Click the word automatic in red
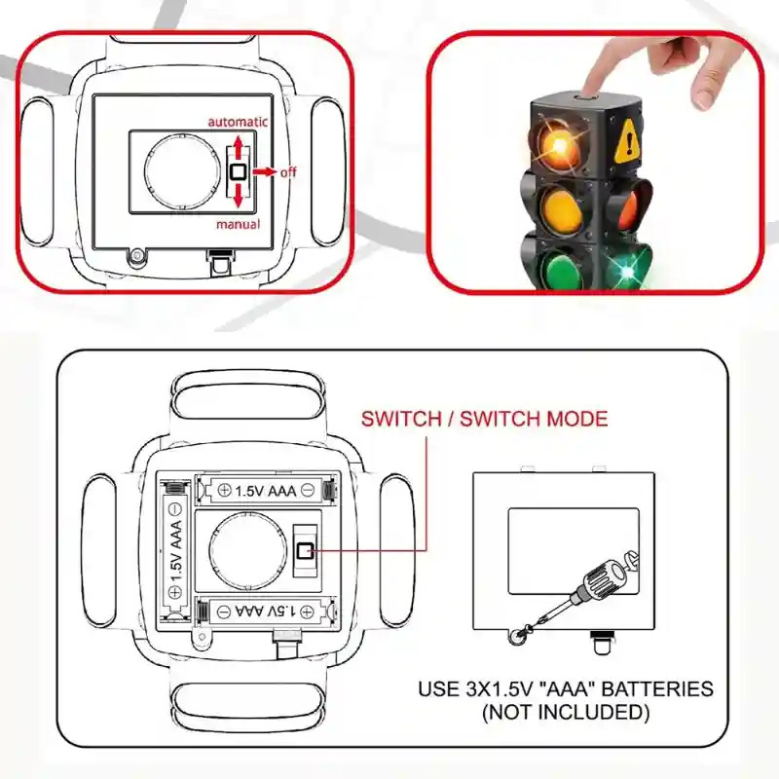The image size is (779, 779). [x=238, y=123]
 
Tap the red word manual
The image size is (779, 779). [x=238, y=224]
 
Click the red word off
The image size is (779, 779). [x=288, y=172]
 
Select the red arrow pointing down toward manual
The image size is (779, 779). [x=238, y=196]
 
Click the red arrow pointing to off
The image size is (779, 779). [x=264, y=172]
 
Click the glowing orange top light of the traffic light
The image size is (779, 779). [x=559, y=144]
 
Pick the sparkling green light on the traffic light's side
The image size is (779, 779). [x=628, y=271]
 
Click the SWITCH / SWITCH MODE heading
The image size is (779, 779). [x=484, y=419]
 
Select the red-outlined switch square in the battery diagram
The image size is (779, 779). [x=305, y=550]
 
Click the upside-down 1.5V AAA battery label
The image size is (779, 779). [x=266, y=612]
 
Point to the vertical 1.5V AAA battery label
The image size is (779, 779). [x=176, y=551]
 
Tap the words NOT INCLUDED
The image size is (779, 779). [x=566, y=712]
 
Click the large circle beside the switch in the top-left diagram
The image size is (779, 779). [x=183, y=172]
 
